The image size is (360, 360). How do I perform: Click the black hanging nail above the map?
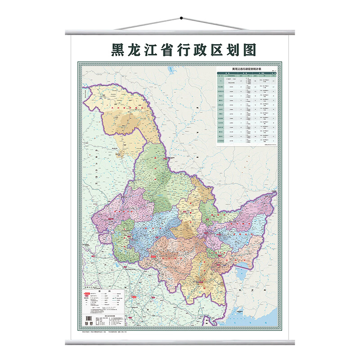click(x=180, y=18)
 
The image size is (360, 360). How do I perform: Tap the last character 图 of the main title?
click(x=242, y=49)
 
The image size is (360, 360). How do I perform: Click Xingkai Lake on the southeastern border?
click(x=243, y=273)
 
